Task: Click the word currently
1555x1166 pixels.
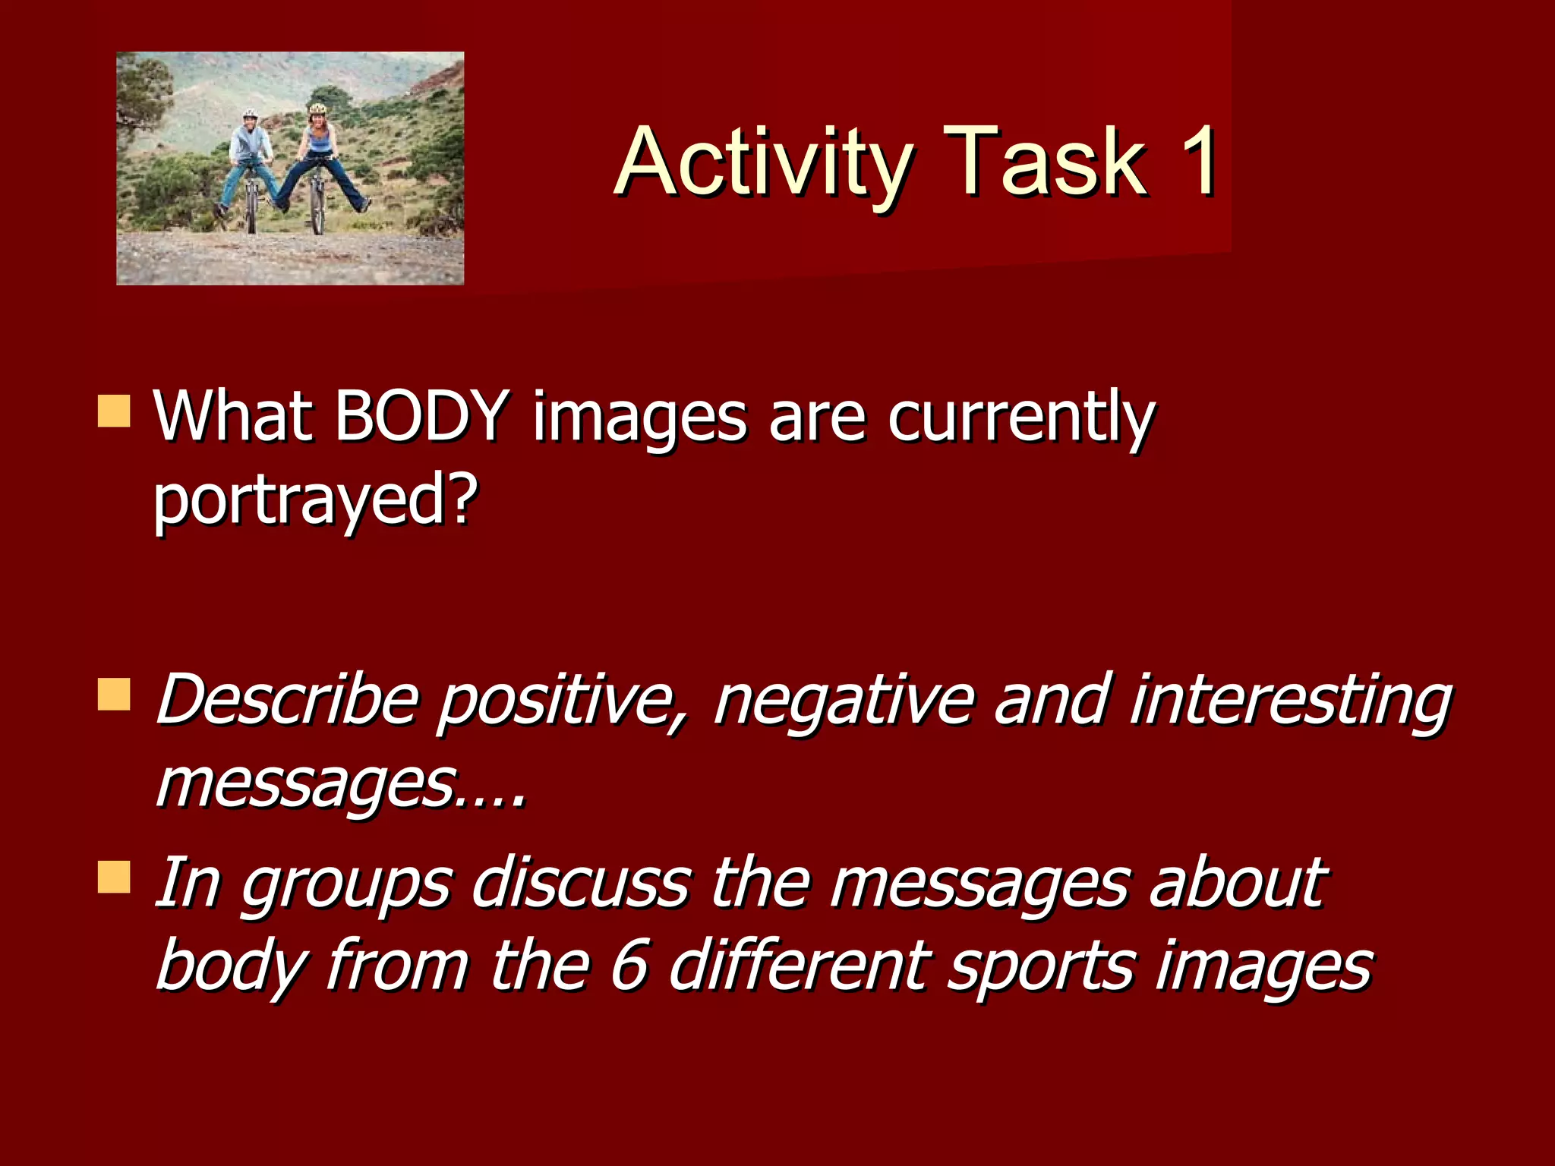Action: tap(1021, 418)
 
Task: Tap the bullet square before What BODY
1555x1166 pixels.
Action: tap(114, 411)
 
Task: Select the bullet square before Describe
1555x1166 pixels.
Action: tap(114, 695)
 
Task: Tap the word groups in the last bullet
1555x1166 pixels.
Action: tap(346, 884)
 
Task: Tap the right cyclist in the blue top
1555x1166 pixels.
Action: tap(319, 152)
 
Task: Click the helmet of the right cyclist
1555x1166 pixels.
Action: tap(317, 109)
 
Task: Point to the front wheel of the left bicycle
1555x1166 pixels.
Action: tap(251, 209)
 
